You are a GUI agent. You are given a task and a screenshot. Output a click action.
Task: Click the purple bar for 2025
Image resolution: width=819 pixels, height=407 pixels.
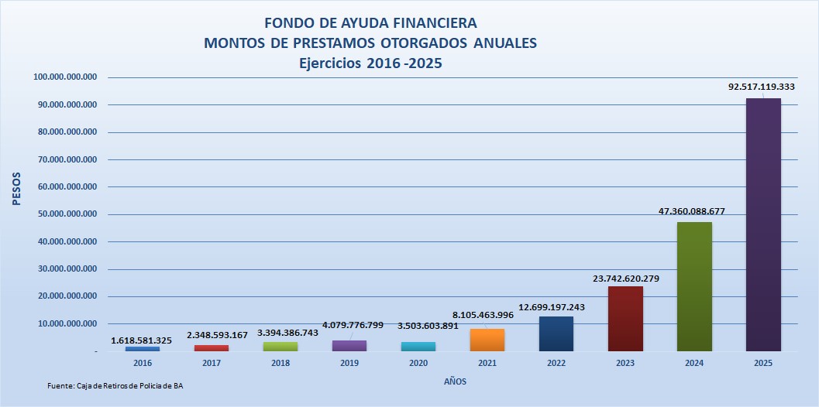point(763,224)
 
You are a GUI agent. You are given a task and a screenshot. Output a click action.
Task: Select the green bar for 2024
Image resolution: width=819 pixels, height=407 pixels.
point(694,286)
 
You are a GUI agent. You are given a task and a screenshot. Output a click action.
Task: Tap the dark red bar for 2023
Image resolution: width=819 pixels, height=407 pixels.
point(625,319)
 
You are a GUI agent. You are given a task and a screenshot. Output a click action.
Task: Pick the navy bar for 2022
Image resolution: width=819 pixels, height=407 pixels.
point(556,333)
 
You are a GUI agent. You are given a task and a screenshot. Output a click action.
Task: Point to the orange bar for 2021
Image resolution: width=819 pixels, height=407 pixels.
point(487,340)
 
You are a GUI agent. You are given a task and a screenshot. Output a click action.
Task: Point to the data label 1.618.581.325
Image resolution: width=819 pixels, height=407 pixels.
point(142,340)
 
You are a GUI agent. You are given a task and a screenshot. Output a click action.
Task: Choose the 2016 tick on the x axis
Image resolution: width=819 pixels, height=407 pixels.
point(143,361)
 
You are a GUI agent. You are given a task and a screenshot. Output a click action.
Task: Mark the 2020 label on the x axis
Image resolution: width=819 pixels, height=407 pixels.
point(418,361)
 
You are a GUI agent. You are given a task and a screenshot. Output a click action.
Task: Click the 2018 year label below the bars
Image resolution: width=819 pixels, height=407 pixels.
point(280,361)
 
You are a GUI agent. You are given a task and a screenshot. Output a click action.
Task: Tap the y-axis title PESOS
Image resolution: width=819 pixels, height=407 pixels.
point(16,187)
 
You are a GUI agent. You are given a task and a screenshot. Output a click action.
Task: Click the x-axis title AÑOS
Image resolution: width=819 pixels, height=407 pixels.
point(455,381)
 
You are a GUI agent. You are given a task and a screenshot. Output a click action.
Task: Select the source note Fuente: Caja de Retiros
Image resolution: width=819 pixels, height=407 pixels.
point(116,385)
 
